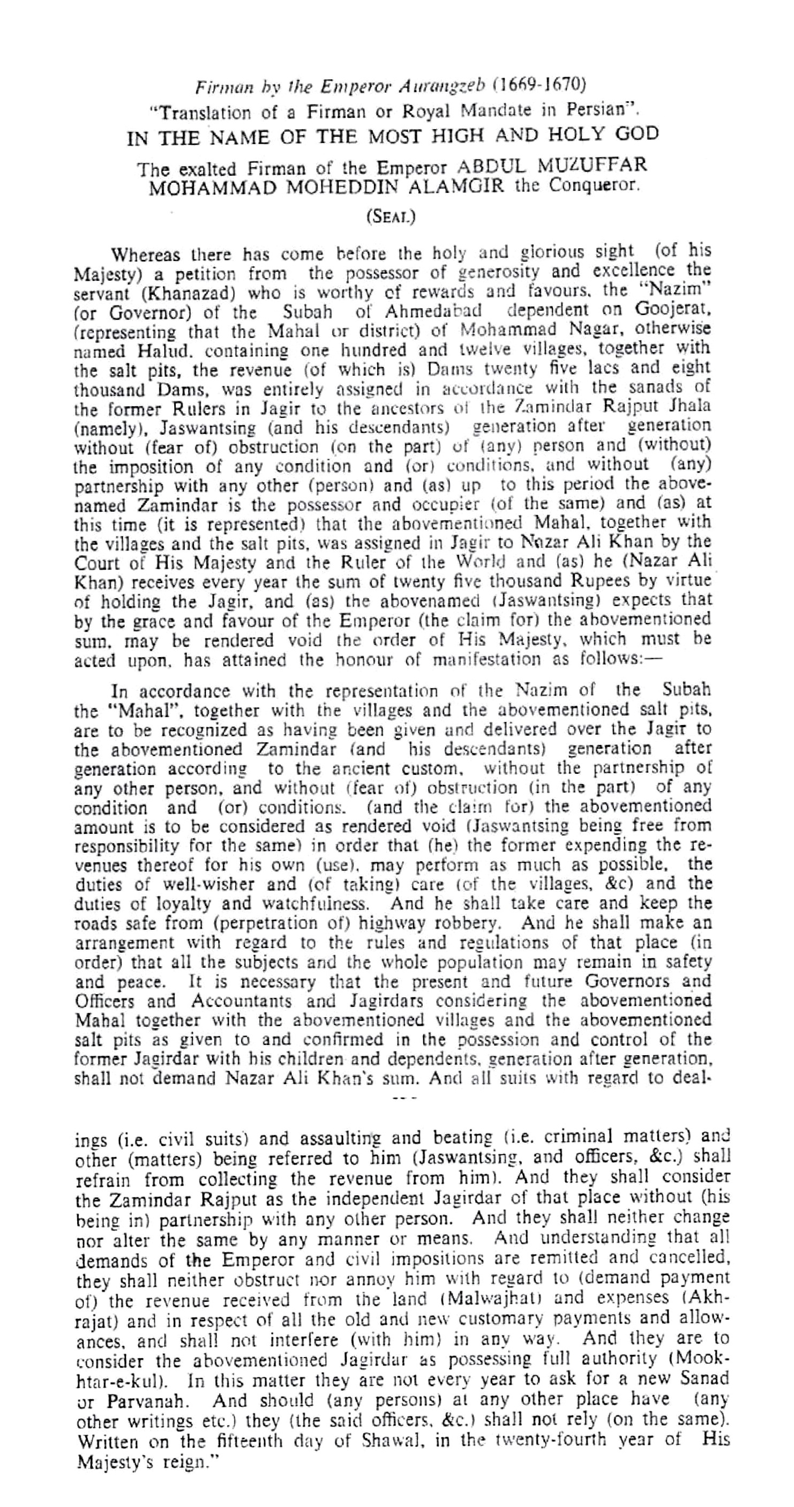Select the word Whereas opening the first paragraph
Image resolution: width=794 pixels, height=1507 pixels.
[147, 255]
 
